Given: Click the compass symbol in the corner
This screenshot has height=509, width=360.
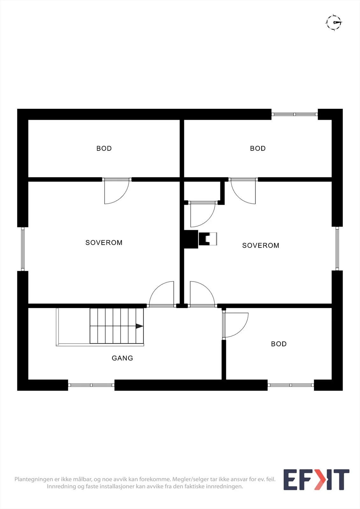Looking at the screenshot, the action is pyautogui.click(x=334, y=22).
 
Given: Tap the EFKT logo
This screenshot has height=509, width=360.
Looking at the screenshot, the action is pyautogui.click(x=316, y=479).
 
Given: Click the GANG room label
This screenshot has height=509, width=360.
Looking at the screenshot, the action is pyautogui.click(x=122, y=358).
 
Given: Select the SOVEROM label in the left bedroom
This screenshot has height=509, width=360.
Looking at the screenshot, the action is pyautogui.click(x=104, y=243).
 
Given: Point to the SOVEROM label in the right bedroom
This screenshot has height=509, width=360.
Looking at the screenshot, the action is pyautogui.click(x=261, y=245).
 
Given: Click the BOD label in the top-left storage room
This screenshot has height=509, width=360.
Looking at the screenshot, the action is pyautogui.click(x=104, y=148).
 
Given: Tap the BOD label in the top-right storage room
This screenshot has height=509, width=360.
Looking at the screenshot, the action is pyautogui.click(x=258, y=148).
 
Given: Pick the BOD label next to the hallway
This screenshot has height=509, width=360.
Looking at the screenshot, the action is pyautogui.click(x=279, y=344).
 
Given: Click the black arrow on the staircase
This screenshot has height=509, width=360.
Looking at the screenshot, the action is pyautogui.click(x=139, y=326).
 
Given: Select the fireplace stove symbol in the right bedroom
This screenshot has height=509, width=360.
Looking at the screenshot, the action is pyautogui.click(x=208, y=239).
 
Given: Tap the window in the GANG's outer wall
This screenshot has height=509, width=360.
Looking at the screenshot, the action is pyautogui.click(x=91, y=385).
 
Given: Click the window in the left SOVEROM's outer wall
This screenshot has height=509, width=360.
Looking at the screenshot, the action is pyautogui.click(x=23, y=249).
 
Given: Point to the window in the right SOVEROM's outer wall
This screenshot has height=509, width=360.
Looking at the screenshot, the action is pyautogui.click(x=337, y=248).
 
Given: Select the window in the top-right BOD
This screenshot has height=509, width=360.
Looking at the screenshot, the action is pyautogui.click(x=294, y=114).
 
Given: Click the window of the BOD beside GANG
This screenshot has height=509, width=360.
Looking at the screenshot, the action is pyautogui.click(x=291, y=385).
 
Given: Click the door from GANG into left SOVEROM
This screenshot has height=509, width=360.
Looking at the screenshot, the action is pyautogui.click(x=162, y=295).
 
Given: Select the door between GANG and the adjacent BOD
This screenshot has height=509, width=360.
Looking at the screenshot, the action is pyautogui.click(x=235, y=325).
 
